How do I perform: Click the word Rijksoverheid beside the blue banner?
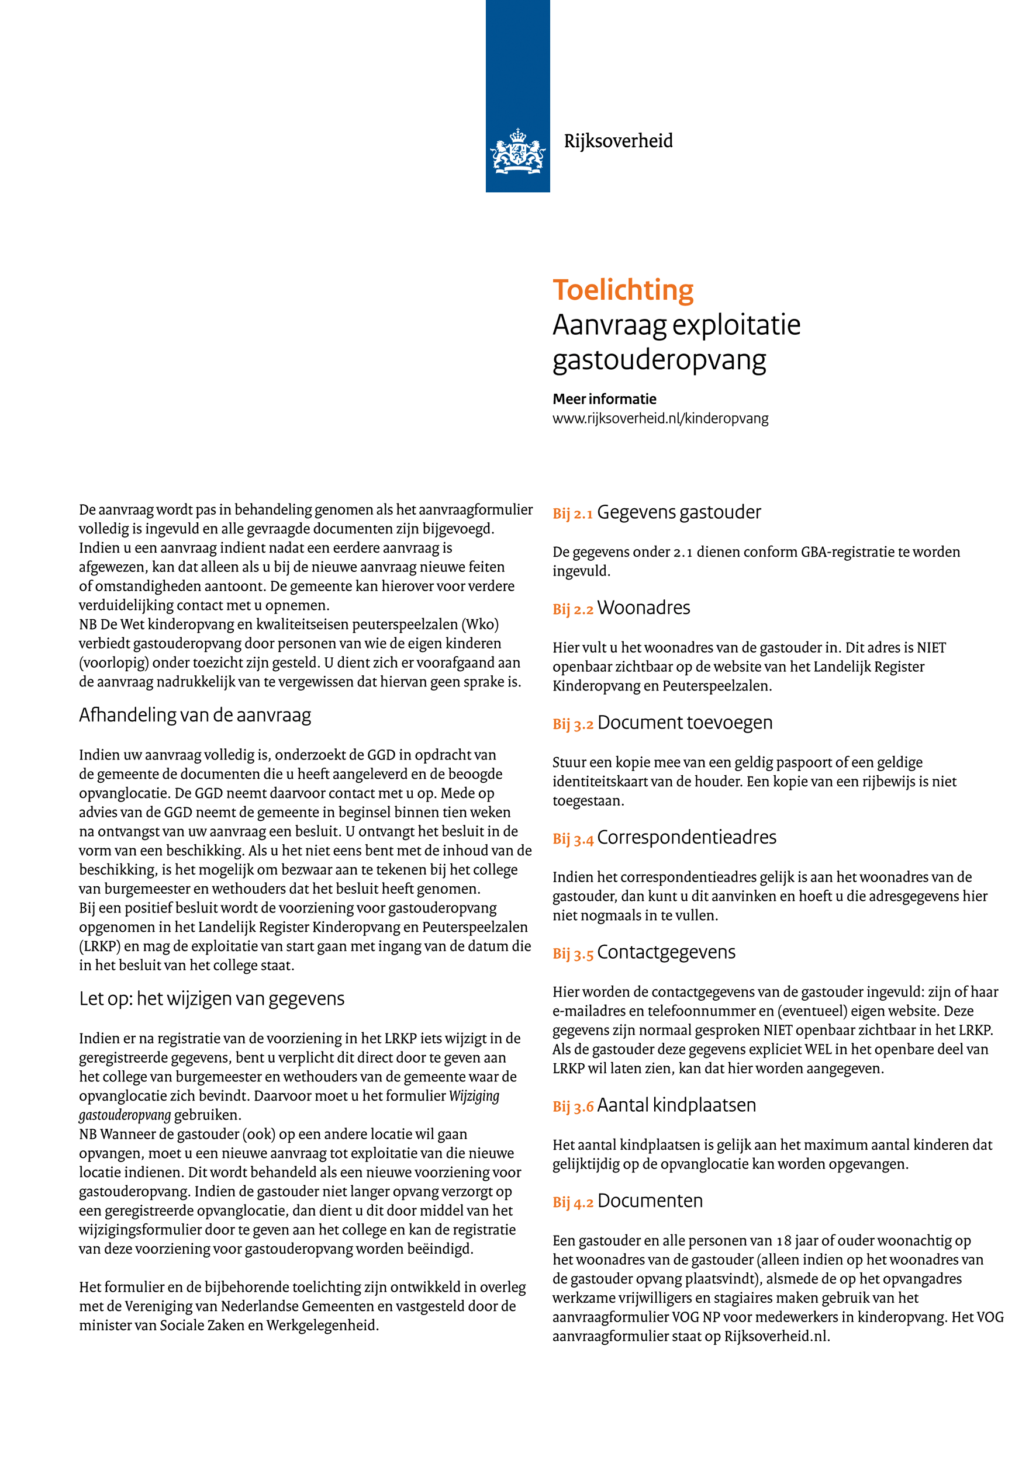pos(617,141)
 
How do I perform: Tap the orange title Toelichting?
pos(623,290)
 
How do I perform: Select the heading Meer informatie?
pos(604,399)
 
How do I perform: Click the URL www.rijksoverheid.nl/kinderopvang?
pos(660,418)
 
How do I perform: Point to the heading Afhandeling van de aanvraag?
pos(195,716)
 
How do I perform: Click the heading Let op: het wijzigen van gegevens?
pos(211,998)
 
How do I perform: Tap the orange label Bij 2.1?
pos(572,514)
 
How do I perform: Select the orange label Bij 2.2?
pos(572,609)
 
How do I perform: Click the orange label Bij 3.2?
pos(572,724)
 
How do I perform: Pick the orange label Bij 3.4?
pos(572,839)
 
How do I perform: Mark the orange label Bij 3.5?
pos(572,954)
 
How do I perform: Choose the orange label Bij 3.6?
pos(572,1107)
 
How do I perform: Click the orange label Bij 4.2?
pos(572,1202)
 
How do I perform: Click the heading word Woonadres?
pos(643,608)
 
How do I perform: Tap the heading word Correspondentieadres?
pos(686,837)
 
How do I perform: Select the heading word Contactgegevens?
pos(666,952)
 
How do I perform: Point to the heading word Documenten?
pos(650,1201)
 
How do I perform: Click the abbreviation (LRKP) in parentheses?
pos(99,946)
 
